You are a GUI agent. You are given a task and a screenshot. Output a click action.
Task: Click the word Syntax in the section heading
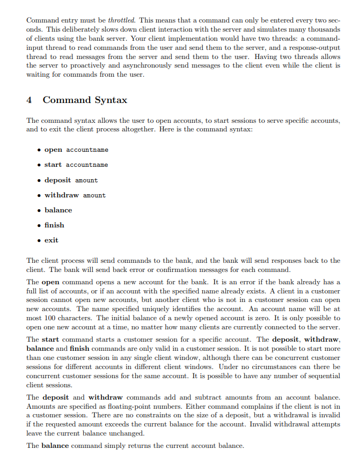(x=111, y=100)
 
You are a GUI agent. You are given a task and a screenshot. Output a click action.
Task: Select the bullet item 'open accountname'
(x=76, y=150)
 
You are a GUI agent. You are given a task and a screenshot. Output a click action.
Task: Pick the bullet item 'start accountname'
(x=76, y=165)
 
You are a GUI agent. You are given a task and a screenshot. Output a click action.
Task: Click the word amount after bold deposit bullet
(x=86, y=180)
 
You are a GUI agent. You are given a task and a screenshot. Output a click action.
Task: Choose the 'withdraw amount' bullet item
(x=75, y=195)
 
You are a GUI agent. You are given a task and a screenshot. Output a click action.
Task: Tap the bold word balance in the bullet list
(x=58, y=210)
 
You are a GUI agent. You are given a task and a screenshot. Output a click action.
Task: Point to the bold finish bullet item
(x=54, y=225)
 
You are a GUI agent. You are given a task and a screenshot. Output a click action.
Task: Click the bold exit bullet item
(x=52, y=240)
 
